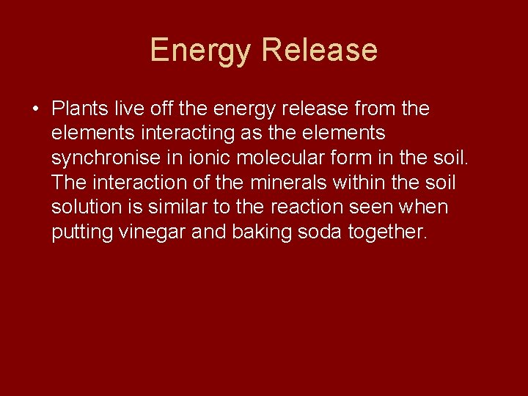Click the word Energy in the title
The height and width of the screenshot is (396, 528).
pyautogui.click(x=201, y=51)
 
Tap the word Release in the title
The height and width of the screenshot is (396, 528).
pyautogui.click(x=319, y=51)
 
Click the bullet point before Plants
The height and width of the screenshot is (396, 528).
pyautogui.click(x=35, y=109)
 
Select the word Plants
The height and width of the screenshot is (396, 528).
pyautogui.click(x=81, y=109)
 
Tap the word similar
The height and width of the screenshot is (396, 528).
pyautogui.click(x=182, y=208)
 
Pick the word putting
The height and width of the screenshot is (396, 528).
pyautogui.click(x=81, y=232)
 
